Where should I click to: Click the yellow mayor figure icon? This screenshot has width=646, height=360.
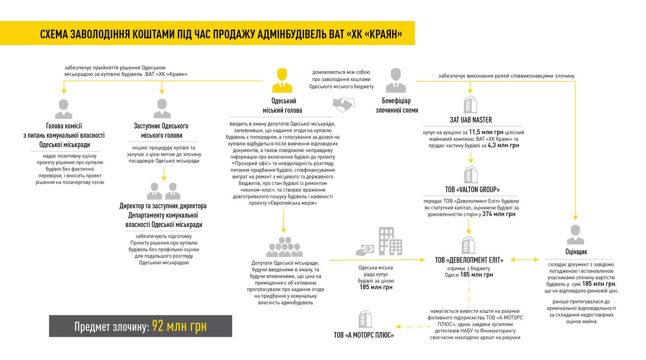click(x=282, y=80)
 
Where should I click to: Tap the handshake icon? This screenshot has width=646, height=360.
click(x=343, y=103)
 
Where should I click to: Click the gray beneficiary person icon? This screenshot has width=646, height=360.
click(x=396, y=80)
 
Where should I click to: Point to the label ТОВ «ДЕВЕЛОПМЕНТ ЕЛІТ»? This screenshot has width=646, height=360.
click(x=469, y=260)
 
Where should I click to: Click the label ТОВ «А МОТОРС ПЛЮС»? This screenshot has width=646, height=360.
click(x=364, y=335)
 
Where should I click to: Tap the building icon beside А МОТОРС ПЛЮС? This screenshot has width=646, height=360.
click(x=365, y=319)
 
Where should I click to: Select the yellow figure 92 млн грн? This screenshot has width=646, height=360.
click(x=179, y=326)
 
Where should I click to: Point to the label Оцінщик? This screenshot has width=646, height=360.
click(x=576, y=252)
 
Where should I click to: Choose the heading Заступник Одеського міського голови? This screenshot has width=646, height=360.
click(x=161, y=131)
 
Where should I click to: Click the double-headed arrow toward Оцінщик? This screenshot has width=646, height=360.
click(x=524, y=260)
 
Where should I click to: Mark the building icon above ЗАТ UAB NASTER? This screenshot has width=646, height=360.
click(x=470, y=104)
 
